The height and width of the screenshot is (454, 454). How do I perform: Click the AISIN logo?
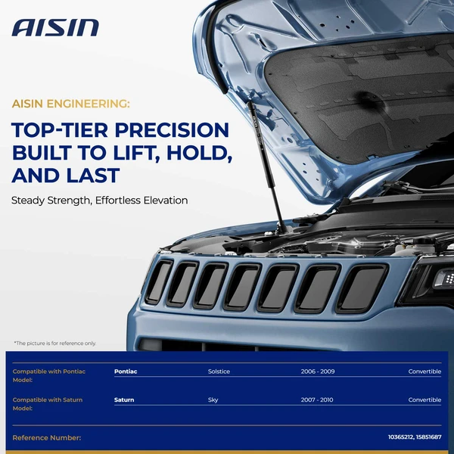(55, 28)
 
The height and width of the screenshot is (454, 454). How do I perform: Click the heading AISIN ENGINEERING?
(70, 103)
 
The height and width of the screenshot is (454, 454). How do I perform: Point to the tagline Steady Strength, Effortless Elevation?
(99, 201)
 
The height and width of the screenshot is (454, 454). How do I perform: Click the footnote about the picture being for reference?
(55, 343)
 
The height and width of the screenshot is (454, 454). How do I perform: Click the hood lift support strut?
(266, 166)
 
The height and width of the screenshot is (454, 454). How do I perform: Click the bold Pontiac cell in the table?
(126, 372)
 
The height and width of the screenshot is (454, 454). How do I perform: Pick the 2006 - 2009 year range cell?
(316, 372)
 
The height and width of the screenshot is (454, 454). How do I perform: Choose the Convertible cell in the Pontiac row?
(424, 372)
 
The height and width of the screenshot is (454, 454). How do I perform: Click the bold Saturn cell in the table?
(124, 400)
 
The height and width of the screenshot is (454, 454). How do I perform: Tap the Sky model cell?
(213, 400)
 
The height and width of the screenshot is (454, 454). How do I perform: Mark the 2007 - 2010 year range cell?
(316, 400)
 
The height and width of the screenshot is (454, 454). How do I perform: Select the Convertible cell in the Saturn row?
(424, 400)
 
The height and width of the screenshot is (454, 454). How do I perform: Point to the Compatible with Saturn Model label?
(47, 403)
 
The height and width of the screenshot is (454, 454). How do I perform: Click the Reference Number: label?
(47, 437)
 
